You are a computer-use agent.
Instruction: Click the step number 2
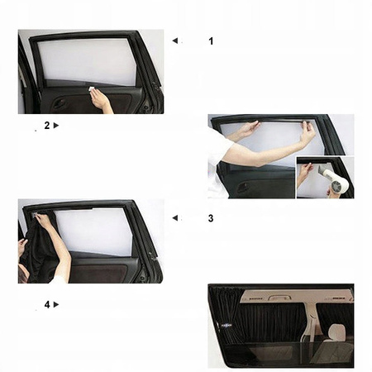(x=46, y=126)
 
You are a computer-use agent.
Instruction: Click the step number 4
(x=46, y=304)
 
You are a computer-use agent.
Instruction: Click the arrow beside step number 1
(x=174, y=40)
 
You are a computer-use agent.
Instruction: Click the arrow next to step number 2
(x=57, y=126)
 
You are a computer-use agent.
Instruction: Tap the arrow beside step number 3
(x=174, y=218)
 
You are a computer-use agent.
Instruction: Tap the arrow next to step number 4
(x=57, y=304)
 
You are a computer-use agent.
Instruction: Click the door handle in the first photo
(x=59, y=103)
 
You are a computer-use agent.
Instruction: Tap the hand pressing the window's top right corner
(x=308, y=130)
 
